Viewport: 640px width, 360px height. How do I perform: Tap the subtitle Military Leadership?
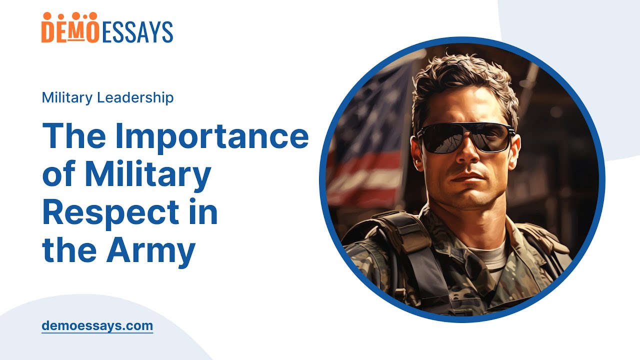pos(107,97)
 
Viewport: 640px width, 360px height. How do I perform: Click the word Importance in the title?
pos(212,137)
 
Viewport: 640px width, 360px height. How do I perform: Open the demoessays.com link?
pos(97,326)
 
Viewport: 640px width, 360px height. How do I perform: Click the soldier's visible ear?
pos(414,150)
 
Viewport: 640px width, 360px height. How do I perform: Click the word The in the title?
pos(73,137)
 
